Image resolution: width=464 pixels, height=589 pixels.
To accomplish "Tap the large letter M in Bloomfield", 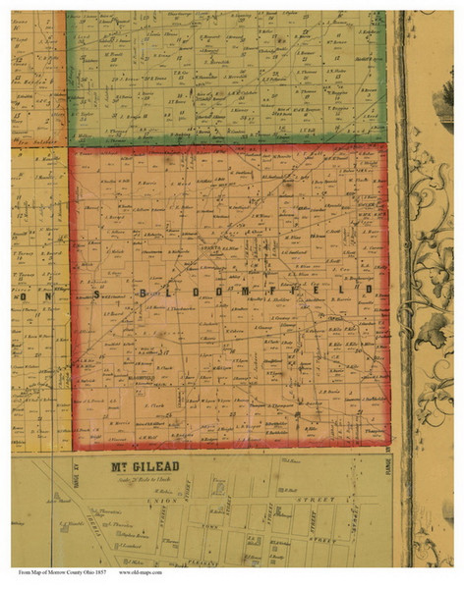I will click(x=259, y=293).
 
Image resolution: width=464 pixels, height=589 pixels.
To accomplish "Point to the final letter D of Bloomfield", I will click(x=371, y=292).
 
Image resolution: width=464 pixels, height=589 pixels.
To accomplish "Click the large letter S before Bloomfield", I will click(x=96, y=293).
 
